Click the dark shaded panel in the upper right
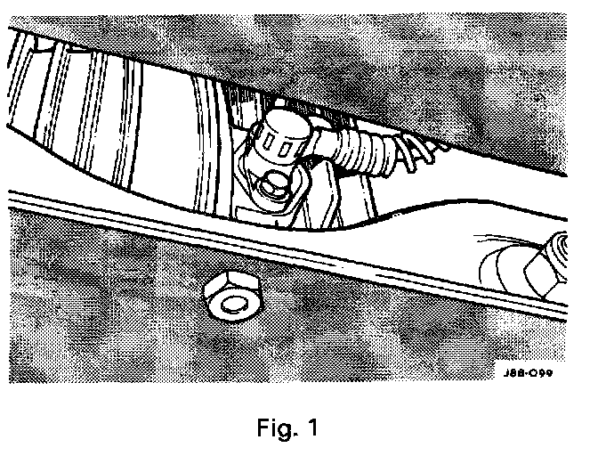(498, 80)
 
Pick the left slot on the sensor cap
(267, 135)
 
